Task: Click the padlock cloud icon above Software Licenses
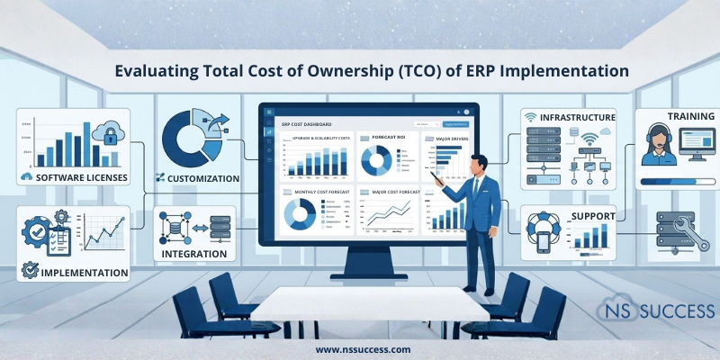click(107, 136)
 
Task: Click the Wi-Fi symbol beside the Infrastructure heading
click(529, 118)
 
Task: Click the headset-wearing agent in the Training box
click(657, 145)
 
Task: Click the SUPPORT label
click(590, 217)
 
